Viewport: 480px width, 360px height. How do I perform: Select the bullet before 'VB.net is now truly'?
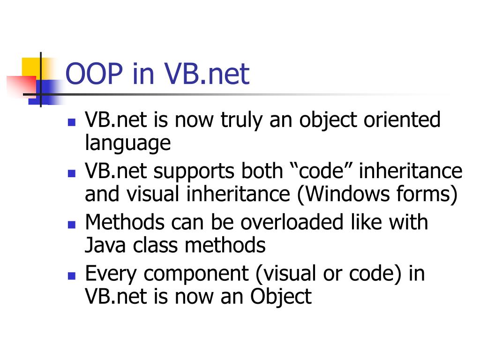pyautogui.click(x=72, y=122)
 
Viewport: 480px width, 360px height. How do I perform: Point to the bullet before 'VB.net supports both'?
pyautogui.click(x=72, y=173)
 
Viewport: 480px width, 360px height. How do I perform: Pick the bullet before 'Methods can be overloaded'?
pyautogui.click(x=72, y=224)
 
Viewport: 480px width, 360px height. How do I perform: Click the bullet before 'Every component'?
pyautogui.click(x=72, y=275)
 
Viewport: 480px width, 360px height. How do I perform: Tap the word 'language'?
pyautogui.click(x=128, y=143)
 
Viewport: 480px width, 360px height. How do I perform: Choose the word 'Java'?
pyautogui.click(x=102, y=245)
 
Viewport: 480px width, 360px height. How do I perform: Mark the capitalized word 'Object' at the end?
pyautogui.click(x=281, y=296)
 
